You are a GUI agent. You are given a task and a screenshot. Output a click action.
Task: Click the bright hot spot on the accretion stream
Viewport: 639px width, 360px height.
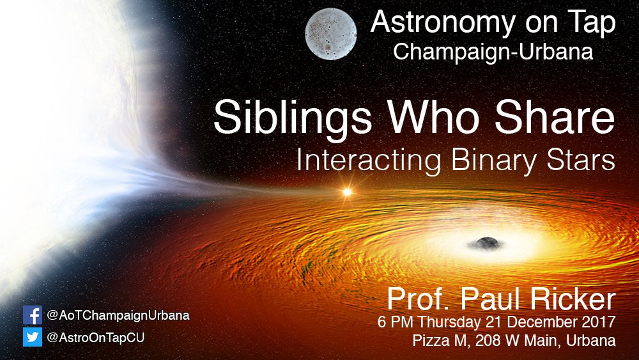click(x=348, y=191)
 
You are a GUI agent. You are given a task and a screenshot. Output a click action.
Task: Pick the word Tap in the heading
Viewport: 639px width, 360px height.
click(x=592, y=24)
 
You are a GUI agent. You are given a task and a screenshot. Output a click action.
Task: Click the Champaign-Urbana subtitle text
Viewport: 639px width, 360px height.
click(x=493, y=52)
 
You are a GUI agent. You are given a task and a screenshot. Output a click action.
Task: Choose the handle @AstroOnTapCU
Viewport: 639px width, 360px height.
click(x=96, y=337)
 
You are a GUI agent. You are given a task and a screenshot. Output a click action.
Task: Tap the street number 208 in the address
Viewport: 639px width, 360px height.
click(x=483, y=340)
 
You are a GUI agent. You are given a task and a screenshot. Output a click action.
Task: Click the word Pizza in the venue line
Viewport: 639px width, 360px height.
click(x=428, y=340)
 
